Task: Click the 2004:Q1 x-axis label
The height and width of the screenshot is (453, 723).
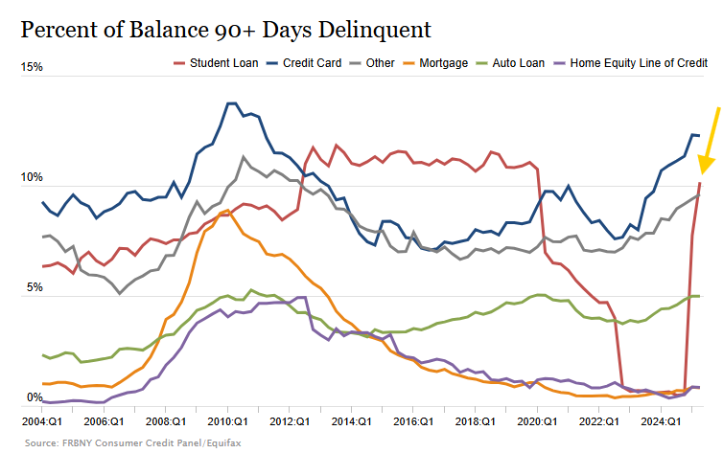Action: pos(43,419)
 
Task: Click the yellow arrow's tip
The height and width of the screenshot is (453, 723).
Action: pos(700,169)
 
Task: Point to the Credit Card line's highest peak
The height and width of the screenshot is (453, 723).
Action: pos(231,102)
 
